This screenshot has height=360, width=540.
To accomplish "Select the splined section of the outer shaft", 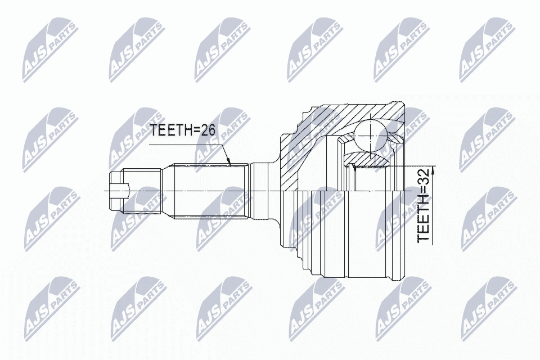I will coord(211,192).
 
